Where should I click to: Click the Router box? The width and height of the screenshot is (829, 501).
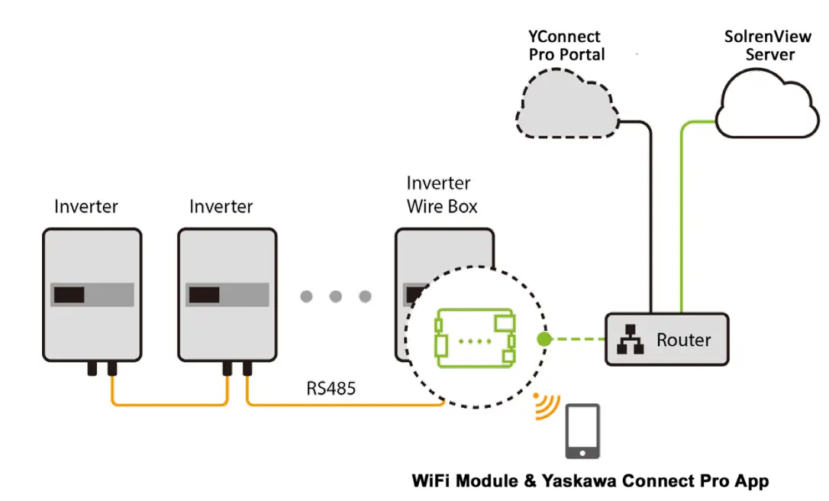click(667, 339)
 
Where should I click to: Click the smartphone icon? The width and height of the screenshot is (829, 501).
click(582, 432)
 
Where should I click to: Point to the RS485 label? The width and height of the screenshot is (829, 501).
click(331, 388)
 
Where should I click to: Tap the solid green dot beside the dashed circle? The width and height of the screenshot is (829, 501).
click(544, 338)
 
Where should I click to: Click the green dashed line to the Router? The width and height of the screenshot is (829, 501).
click(576, 338)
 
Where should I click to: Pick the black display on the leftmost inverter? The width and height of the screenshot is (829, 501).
click(68, 295)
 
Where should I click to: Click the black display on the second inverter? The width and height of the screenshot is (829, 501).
click(205, 295)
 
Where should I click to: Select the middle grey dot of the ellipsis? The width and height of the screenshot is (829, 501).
click(335, 296)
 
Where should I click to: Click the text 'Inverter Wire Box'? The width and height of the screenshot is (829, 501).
click(440, 195)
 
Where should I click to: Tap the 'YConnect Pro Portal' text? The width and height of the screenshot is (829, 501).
click(566, 45)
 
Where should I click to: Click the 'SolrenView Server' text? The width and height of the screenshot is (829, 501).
click(769, 45)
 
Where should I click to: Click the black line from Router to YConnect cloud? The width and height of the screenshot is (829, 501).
click(651, 221)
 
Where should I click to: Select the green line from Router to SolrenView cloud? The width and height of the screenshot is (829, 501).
click(680, 221)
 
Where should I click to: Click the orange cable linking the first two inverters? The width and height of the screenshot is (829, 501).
click(168, 403)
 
